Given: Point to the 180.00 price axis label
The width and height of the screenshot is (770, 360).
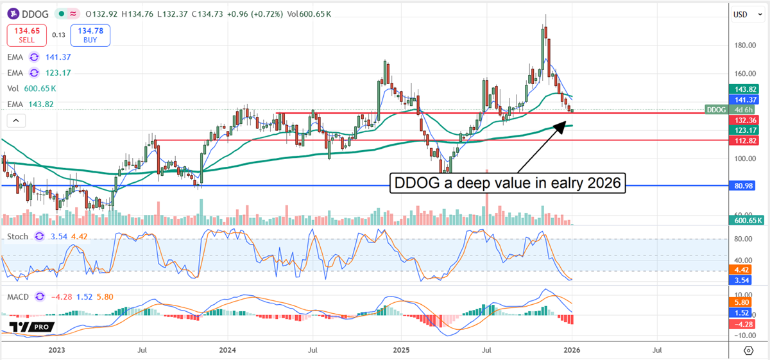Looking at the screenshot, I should click(x=744, y=46).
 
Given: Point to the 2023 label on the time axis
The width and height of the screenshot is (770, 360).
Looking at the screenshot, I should click(x=56, y=350).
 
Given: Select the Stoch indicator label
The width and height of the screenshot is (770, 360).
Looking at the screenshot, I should click(x=17, y=237).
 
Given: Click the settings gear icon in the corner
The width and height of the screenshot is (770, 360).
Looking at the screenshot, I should click(x=748, y=350).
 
